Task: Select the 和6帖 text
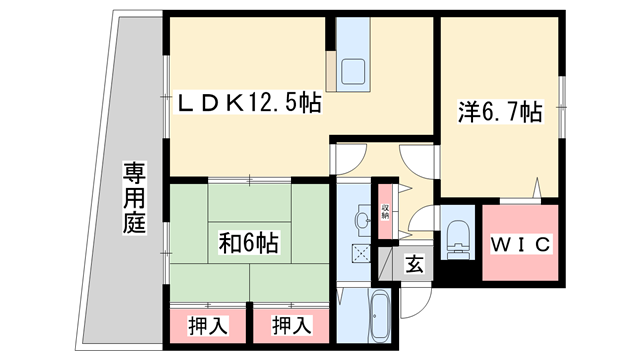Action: pyautogui.click(x=249, y=242)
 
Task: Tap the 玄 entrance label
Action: pyautogui.click(x=413, y=265)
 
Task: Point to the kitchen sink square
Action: pyautogui.click(x=355, y=72)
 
